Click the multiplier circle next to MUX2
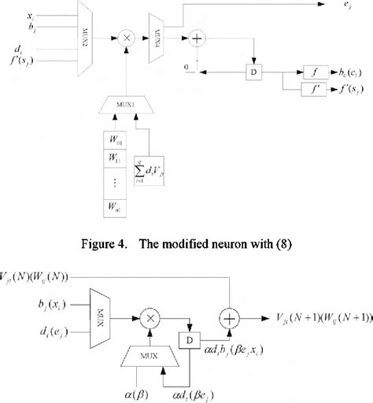124,37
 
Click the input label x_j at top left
30,13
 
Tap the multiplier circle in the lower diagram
146,316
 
